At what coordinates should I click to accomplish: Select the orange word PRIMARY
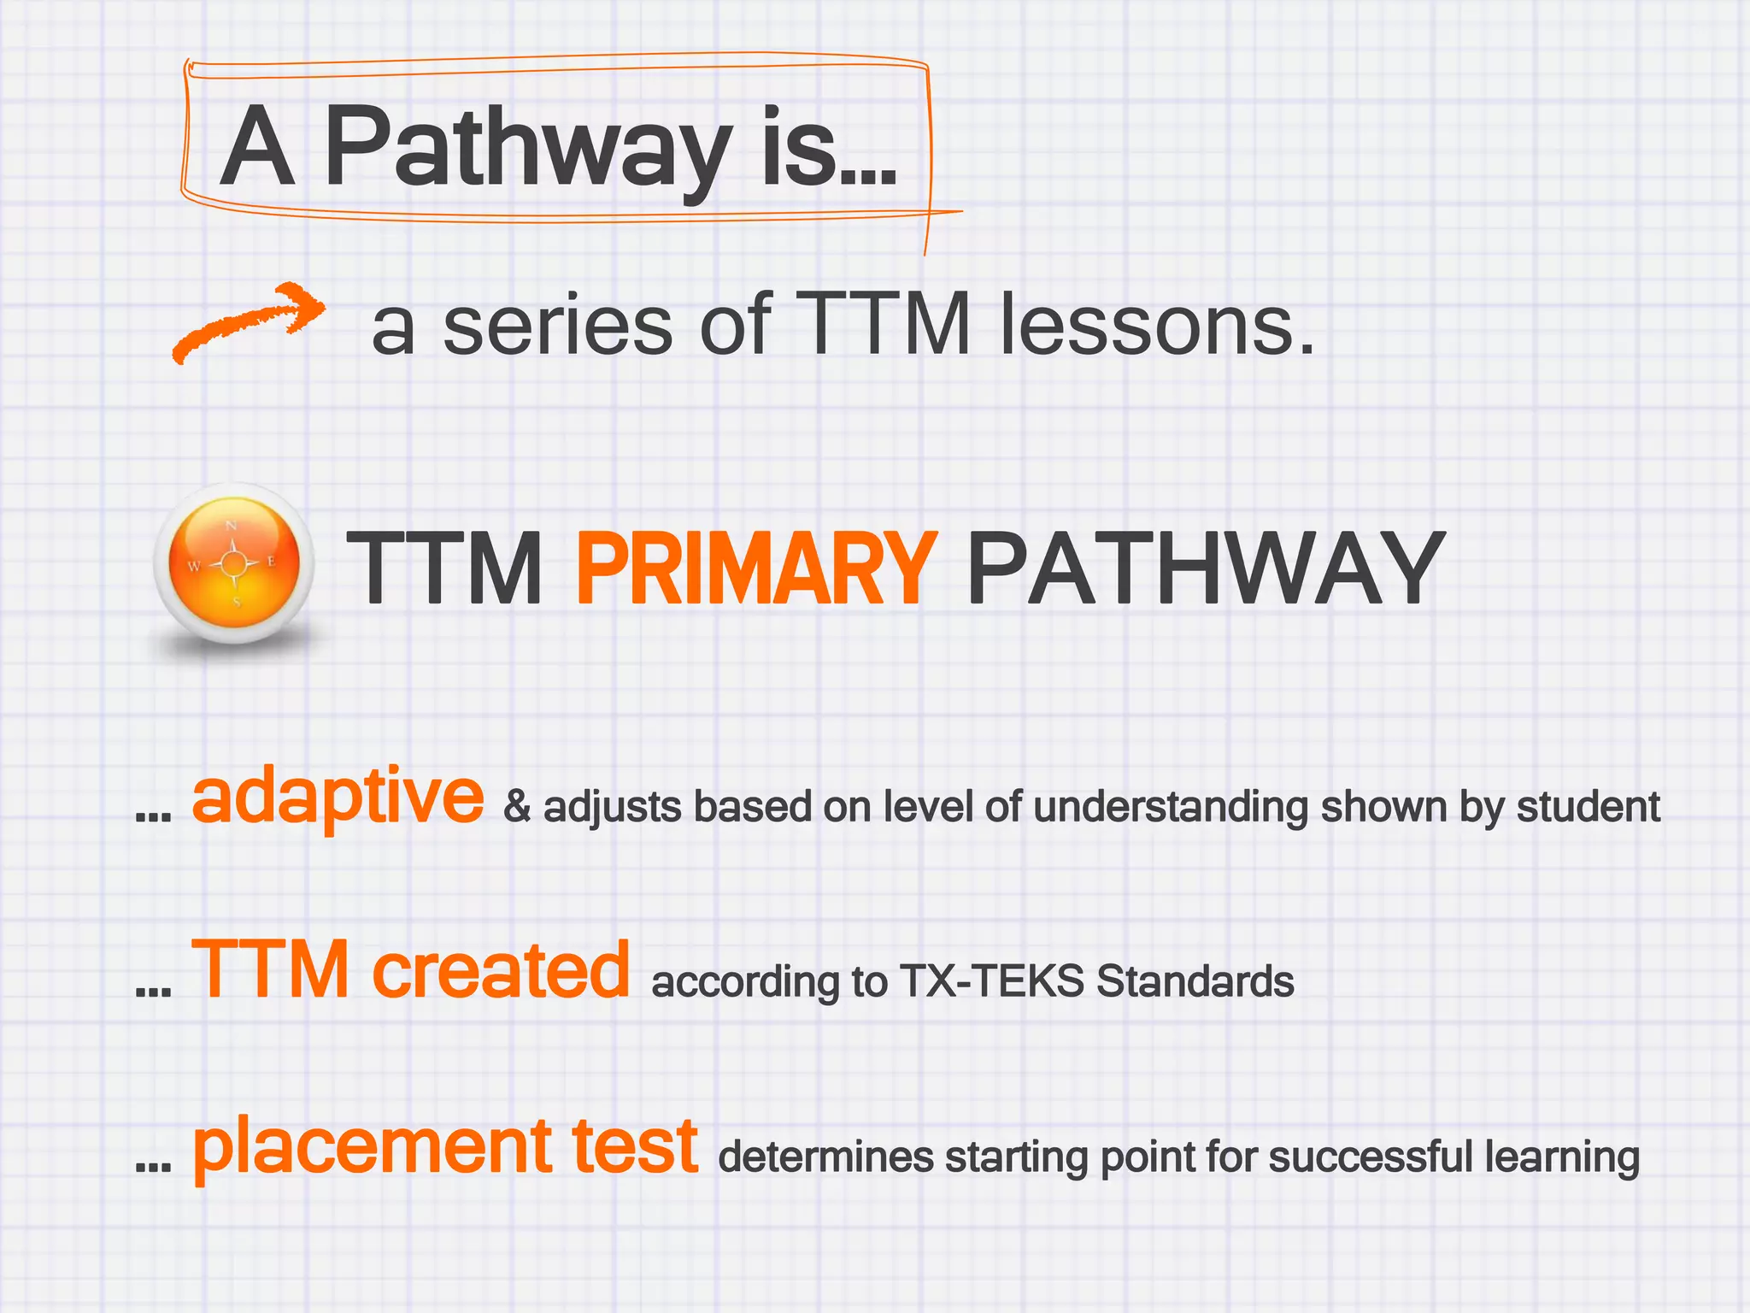click(756, 568)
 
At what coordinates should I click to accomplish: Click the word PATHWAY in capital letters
click(1206, 568)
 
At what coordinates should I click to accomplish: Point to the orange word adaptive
click(338, 796)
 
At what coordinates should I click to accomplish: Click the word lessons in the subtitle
click(1157, 325)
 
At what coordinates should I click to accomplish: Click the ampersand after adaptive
click(517, 807)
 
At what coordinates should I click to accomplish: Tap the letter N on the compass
click(231, 527)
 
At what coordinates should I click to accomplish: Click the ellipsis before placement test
click(154, 1165)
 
